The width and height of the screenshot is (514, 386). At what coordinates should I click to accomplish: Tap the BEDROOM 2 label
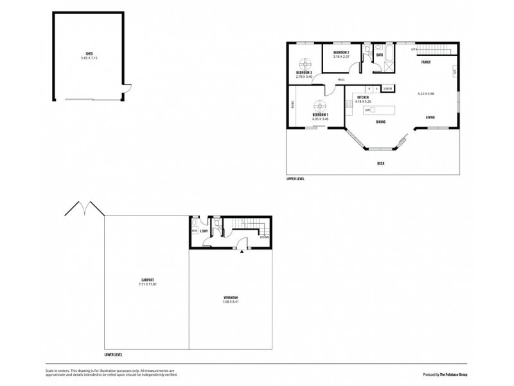341,52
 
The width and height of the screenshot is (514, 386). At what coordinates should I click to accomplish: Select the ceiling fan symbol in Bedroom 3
305,64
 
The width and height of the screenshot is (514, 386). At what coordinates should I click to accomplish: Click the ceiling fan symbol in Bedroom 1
319,109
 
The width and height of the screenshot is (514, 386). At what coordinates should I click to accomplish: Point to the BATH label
380,55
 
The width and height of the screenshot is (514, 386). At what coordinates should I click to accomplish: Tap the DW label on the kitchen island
367,110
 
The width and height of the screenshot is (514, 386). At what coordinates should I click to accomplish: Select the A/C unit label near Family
455,73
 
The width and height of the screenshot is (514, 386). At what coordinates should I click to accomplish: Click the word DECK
381,163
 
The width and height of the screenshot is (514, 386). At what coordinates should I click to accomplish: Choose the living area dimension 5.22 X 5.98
425,94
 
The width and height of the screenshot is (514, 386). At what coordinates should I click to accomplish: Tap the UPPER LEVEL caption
296,179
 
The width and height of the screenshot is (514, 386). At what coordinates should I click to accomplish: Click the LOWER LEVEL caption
113,354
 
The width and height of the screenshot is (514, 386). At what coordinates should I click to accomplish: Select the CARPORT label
147,280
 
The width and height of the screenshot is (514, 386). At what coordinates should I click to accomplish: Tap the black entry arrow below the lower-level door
242,252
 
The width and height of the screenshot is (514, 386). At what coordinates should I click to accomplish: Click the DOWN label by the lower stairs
264,237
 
